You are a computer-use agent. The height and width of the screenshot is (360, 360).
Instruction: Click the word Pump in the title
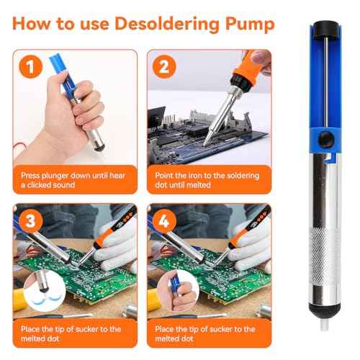[x=248, y=24]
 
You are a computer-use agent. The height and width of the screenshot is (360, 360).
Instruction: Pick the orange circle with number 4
[x=164, y=220]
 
